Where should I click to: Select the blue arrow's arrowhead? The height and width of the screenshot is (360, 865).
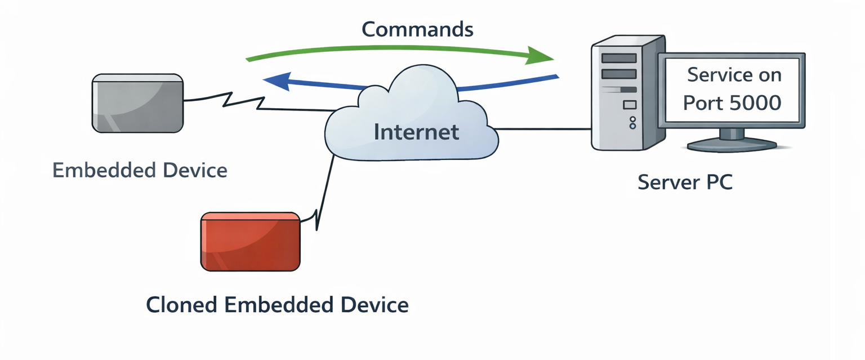tap(275, 81)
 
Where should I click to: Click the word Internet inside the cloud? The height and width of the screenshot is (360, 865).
tap(416, 132)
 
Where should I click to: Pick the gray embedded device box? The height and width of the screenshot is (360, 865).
tap(137, 103)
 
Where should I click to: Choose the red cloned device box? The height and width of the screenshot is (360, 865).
tap(251, 242)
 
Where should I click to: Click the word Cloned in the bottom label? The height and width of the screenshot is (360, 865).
tap(181, 305)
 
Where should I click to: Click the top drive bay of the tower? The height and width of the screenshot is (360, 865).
tap(619, 58)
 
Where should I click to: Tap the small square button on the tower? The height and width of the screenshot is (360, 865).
tap(630, 104)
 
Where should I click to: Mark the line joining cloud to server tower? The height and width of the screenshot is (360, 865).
tap(544, 130)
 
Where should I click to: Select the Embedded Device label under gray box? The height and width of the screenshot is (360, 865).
tap(140, 170)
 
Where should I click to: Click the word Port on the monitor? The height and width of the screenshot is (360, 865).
tap(702, 103)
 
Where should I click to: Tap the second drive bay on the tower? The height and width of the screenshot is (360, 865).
tap(619, 74)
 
